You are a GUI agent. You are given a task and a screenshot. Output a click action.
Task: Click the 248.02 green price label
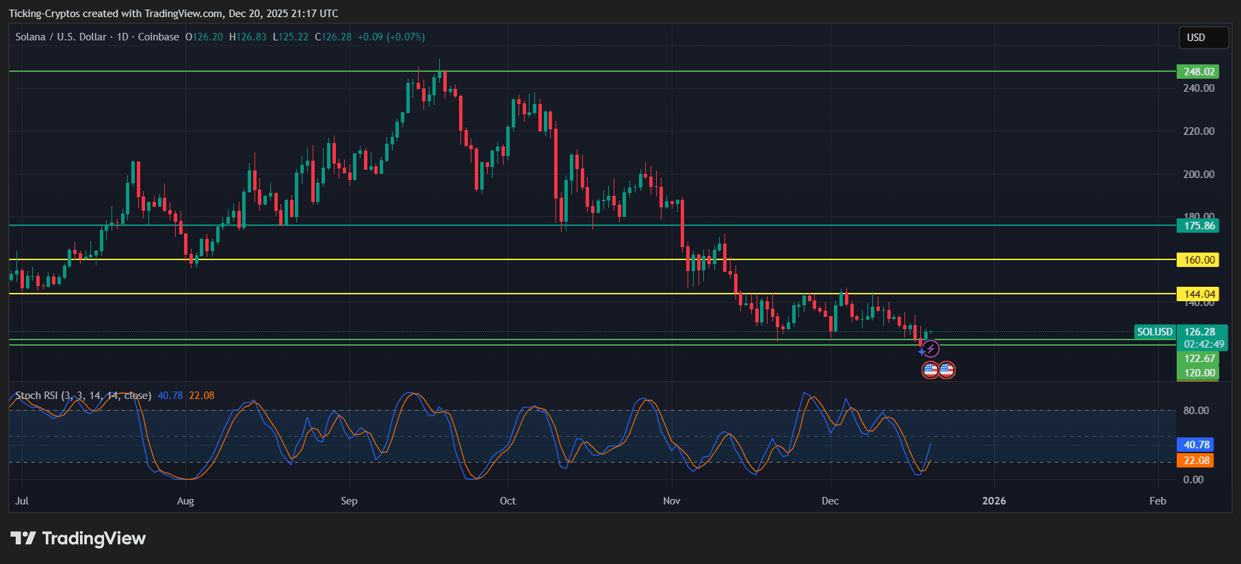click(x=1198, y=72)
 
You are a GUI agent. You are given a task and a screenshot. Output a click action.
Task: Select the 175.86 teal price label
click(x=1198, y=226)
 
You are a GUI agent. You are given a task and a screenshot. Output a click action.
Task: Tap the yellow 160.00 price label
click(x=1198, y=260)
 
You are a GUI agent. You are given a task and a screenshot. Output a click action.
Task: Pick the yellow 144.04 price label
click(x=1198, y=294)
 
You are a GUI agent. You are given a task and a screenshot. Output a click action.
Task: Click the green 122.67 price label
click(x=1198, y=359)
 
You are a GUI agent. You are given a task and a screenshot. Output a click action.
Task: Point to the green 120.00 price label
click(x=1198, y=373)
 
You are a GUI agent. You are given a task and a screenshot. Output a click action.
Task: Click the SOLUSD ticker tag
click(x=1154, y=332)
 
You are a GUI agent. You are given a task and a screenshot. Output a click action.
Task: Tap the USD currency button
click(x=1203, y=38)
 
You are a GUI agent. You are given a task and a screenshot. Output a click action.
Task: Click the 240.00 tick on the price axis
click(x=1199, y=88)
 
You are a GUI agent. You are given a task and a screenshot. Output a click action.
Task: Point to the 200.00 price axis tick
click(x=1199, y=175)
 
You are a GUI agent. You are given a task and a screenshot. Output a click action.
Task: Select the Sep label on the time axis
click(x=349, y=501)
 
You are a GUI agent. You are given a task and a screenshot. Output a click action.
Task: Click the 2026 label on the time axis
click(x=994, y=501)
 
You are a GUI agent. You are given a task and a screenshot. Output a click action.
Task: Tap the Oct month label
click(x=508, y=501)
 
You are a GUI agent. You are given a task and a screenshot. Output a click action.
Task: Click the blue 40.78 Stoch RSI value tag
click(x=1194, y=445)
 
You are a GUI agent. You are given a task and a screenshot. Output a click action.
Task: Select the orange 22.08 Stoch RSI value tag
click(x=1194, y=461)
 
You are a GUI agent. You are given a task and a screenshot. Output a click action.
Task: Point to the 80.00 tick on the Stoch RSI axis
click(x=1196, y=411)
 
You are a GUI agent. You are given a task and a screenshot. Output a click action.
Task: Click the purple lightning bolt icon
click(x=930, y=349)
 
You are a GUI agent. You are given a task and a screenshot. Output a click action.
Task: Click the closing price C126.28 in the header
click(x=333, y=37)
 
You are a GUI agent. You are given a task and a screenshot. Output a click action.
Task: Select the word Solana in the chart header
click(x=30, y=37)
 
